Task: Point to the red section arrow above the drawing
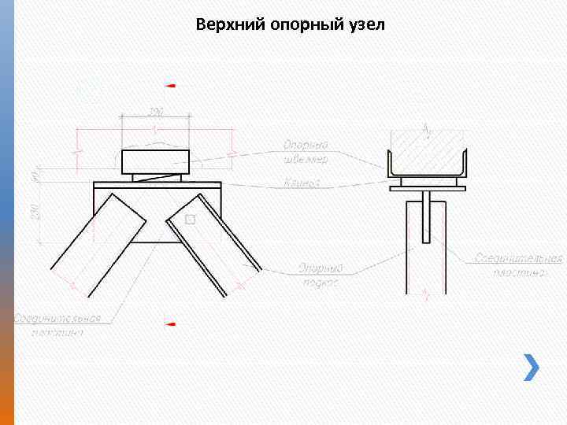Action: (x=171, y=85)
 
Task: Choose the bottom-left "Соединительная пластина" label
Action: (x=58, y=325)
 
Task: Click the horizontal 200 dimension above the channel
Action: (x=156, y=113)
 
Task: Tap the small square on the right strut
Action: (x=189, y=219)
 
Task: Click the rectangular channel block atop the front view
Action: (x=156, y=161)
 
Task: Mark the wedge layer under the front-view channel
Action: (x=156, y=178)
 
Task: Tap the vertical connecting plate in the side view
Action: (x=426, y=217)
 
